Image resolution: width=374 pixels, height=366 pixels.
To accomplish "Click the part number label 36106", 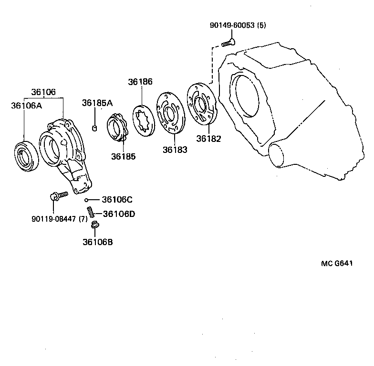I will pos(43,92).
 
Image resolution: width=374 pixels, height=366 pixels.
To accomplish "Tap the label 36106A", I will pos(27,105).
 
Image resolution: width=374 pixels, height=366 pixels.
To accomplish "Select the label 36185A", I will pos(97,103).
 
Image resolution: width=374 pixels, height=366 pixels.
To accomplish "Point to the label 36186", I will pos(140,82).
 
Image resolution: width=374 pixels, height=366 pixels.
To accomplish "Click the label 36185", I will pos(123,156).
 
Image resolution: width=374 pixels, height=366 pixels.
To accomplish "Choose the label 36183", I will pos(175,150).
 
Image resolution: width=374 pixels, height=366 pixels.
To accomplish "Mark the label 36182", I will pos(209,139).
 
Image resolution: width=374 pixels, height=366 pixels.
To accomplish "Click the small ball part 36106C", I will pos(87,200).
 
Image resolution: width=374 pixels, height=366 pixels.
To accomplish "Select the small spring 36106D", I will pos(89,211).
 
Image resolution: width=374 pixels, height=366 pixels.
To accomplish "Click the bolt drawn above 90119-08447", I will pos(58,195).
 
